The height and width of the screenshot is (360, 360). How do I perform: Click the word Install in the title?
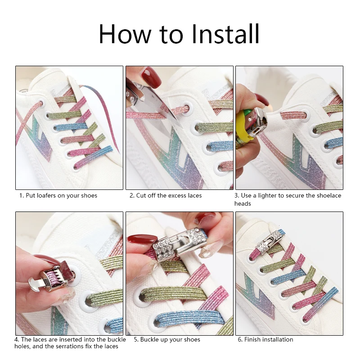[225, 34]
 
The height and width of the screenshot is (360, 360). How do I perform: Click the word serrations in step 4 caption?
[70, 346]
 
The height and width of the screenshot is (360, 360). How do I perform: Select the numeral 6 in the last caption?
[240, 339]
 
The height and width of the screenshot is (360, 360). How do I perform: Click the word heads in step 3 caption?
[243, 204]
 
